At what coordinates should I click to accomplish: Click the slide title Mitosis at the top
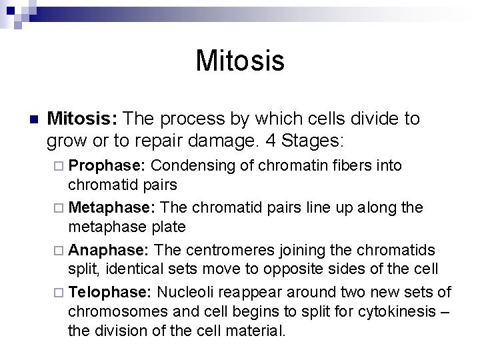pyautogui.click(x=240, y=61)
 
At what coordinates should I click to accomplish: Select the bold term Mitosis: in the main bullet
pyautogui.click(x=83, y=119)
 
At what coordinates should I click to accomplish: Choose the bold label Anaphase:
pyautogui.click(x=111, y=250)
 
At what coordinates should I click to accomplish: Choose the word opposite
pyautogui.click(x=321, y=269)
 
